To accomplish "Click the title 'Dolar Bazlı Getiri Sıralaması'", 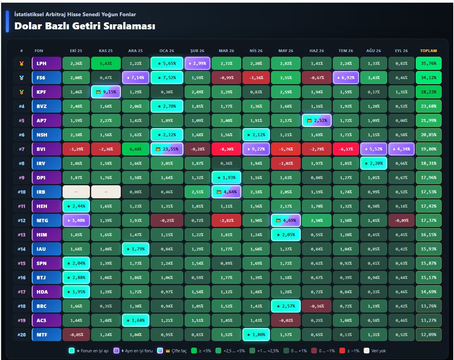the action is pos(85,26).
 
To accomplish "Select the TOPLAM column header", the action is pos(429,51).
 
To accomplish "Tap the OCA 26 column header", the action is pos(167,51).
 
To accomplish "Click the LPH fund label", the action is pos(47,63).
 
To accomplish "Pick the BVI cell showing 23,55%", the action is pos(167,149).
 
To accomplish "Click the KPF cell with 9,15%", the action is pos(106,92).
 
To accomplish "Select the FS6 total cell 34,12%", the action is pos(429,78).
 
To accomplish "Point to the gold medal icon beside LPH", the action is pos(22,63).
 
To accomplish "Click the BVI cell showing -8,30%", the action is pos(226,149).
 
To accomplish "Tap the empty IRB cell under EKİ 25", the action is pos(76,192).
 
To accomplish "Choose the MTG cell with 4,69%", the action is pos(286,221).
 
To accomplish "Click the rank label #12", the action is pos(22,221).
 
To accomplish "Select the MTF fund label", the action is pos(47,335).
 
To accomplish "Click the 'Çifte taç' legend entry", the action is pos(172,351).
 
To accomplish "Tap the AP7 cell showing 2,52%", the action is pos(317,120).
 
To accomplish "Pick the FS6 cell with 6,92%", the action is pos(346,78).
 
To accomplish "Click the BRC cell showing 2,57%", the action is pos(286,306).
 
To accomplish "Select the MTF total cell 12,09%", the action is pos(429,335).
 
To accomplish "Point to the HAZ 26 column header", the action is pos(317,51).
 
